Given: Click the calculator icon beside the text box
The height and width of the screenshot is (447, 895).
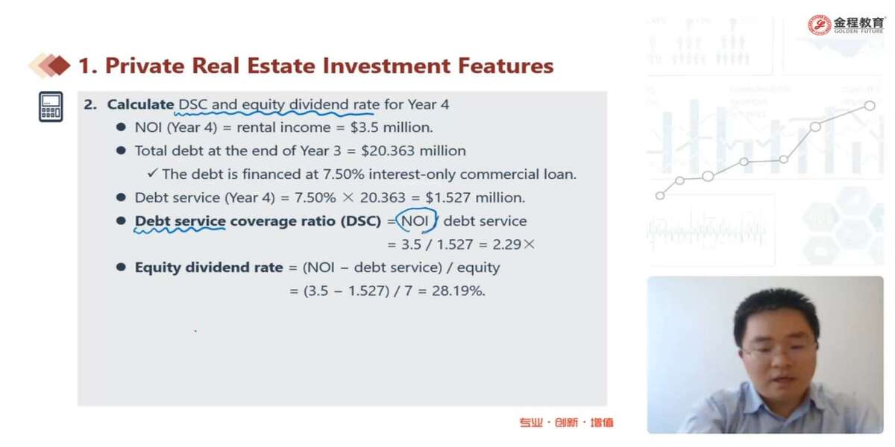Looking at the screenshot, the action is point(51,107).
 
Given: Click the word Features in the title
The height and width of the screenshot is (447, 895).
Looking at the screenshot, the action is point(506,66).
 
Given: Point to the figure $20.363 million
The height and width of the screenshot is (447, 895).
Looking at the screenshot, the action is point(413,150).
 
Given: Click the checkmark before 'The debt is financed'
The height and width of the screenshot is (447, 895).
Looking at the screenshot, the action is point(152,173).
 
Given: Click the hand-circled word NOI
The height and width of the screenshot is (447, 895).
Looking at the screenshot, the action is point(416,221).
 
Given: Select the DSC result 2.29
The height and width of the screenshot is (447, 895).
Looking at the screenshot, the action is point(507,244).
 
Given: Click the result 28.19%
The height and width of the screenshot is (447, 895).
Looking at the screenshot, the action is point(458,291).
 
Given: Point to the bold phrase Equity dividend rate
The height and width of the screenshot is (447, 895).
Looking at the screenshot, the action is point(209,267).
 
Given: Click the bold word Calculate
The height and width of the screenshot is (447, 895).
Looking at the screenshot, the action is point(141,104).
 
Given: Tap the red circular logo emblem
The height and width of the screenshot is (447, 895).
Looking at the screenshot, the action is point(820,25).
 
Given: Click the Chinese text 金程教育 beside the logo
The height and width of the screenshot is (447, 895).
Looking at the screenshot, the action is point(858,22).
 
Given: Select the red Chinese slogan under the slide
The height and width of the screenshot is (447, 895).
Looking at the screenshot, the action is point(566,422).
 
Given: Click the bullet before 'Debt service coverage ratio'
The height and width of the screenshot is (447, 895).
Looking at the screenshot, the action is point(121,221).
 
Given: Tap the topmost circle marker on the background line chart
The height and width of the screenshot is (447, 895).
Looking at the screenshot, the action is point(870,105).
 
